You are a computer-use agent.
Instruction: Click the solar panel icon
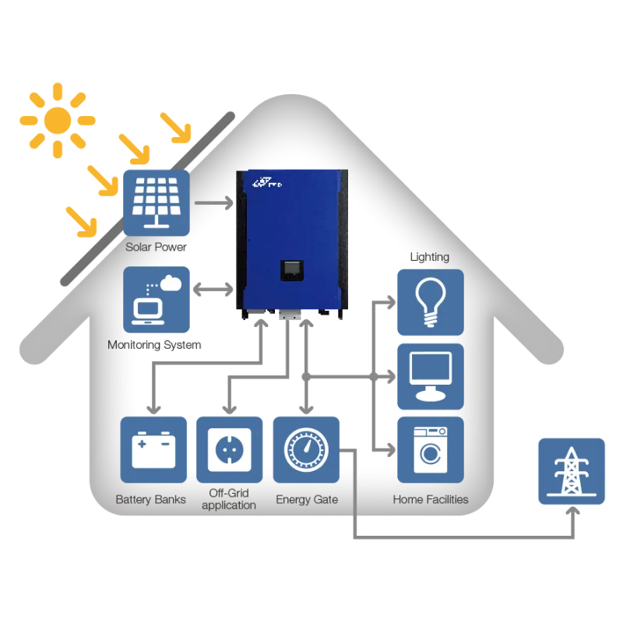point(157,203)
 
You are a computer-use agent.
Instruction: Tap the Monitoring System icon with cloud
point(157,300)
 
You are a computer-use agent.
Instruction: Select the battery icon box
point(153,450)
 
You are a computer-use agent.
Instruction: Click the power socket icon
point(229,450)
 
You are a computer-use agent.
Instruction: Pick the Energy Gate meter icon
point(306,450)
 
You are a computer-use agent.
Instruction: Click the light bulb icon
point(431,302)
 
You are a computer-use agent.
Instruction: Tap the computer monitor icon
point(431,377)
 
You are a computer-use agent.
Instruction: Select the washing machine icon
point(431,450)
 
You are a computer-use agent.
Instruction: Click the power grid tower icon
point(572,471)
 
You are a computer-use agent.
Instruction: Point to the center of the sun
point(58,120)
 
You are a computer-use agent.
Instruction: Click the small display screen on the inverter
point(292,270)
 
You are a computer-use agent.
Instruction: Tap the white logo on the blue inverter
point(267,183)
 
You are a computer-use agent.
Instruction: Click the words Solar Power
point(156,247)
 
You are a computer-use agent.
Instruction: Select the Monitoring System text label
point(154,345)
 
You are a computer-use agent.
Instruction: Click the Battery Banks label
point(150,499)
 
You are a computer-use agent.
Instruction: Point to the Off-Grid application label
point(229,499)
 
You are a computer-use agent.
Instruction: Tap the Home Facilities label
point(431,499)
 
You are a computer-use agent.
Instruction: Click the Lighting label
point(430,257)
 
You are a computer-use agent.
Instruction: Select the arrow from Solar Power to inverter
point(213,202)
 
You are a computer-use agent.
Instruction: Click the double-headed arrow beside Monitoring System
point(213,289)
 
